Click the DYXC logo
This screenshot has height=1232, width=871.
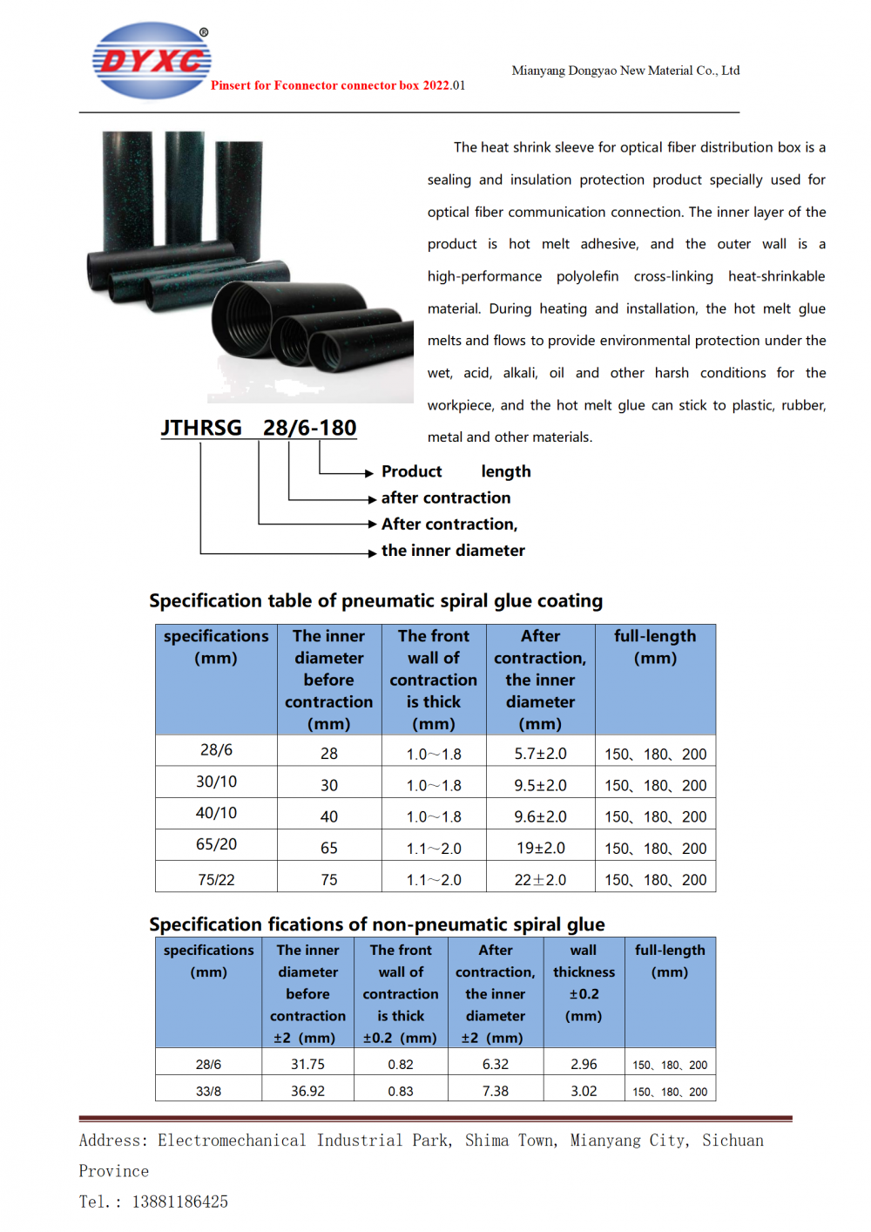(152, 61)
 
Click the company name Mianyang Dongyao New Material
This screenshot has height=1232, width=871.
(625, 71)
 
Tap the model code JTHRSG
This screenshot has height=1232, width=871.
(201, 428)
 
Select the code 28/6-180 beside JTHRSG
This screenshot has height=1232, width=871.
(310, 428)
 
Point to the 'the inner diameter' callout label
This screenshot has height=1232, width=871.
(453, 551)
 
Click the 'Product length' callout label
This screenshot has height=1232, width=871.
(456, 471)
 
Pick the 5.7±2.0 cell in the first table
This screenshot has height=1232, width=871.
(540, 754)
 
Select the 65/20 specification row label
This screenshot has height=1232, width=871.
(216, 844)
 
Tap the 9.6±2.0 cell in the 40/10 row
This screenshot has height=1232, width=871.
(540, 816)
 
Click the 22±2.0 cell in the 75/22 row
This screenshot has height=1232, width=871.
(540, 880)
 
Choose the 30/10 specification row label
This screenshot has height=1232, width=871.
(216, 782)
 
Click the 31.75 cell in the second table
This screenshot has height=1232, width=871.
(307, 1065)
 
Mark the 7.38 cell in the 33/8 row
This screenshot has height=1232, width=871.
(495, 1091)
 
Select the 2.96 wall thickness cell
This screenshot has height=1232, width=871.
(584, 1065)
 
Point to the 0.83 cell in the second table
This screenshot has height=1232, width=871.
(401, 1091)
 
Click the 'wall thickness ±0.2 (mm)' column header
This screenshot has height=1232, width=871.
(584, 983)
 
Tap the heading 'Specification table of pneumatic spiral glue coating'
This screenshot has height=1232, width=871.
(375, 601)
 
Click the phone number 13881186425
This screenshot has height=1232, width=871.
(180, 1202)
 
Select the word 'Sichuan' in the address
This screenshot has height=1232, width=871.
(733, 1141)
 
